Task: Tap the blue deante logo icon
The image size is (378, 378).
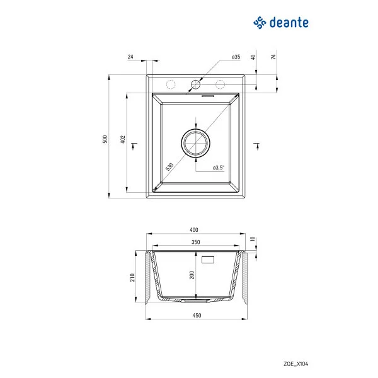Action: tap(260, 23)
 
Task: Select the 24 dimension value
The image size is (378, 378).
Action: tap(130, 57)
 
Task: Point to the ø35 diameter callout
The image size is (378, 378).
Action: tap(236, 57)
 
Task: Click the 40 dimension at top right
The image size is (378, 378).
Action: tap(253, 57)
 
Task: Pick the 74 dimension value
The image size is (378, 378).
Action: tap(274, 57)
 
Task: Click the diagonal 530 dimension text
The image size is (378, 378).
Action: tap(169, 166)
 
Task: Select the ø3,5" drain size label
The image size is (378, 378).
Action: tap(219, 168)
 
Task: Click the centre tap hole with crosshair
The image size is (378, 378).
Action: tap(195, 84)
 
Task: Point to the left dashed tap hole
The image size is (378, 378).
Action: tap(170, 84)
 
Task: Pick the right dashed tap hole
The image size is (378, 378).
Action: tap(220, 84)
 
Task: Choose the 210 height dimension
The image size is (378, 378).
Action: tap(133, 278)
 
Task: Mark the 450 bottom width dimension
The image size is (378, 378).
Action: tap(195, 316)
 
